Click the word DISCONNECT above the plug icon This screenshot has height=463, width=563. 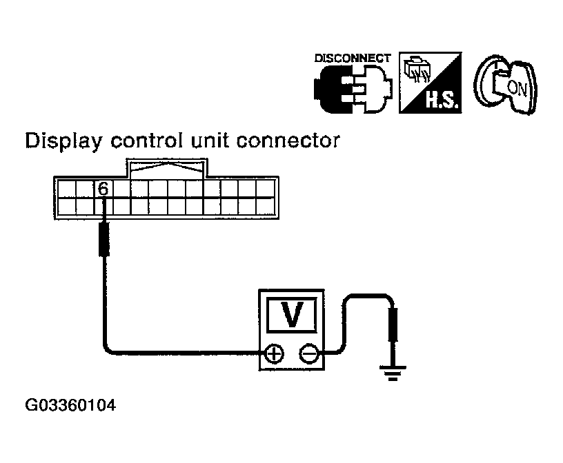pyautogui.click(x=353, y=58)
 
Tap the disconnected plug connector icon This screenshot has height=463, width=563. pyautogui.click(x=353, y=88)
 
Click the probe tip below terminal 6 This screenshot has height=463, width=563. pyautogui.click(x=103, y=237)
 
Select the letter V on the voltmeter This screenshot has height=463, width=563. pyautogui.click(x=293, y=315)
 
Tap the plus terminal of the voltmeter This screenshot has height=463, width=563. pyautogui.click(x=275, y=353)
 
